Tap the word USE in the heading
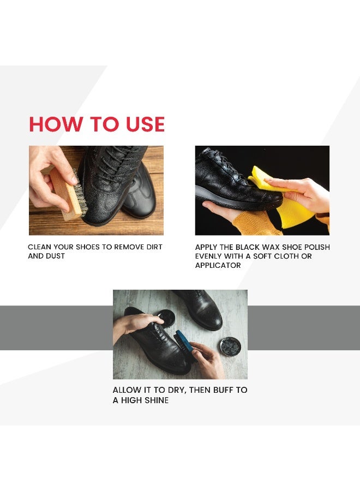pyautogui.click(x=140, y=124)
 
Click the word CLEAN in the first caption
pyautogui.click(x=40, y=247)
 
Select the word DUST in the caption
pyautogui.click(x=55, y=256)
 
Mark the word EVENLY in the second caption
pyautogui.click(x=210, y=256)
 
